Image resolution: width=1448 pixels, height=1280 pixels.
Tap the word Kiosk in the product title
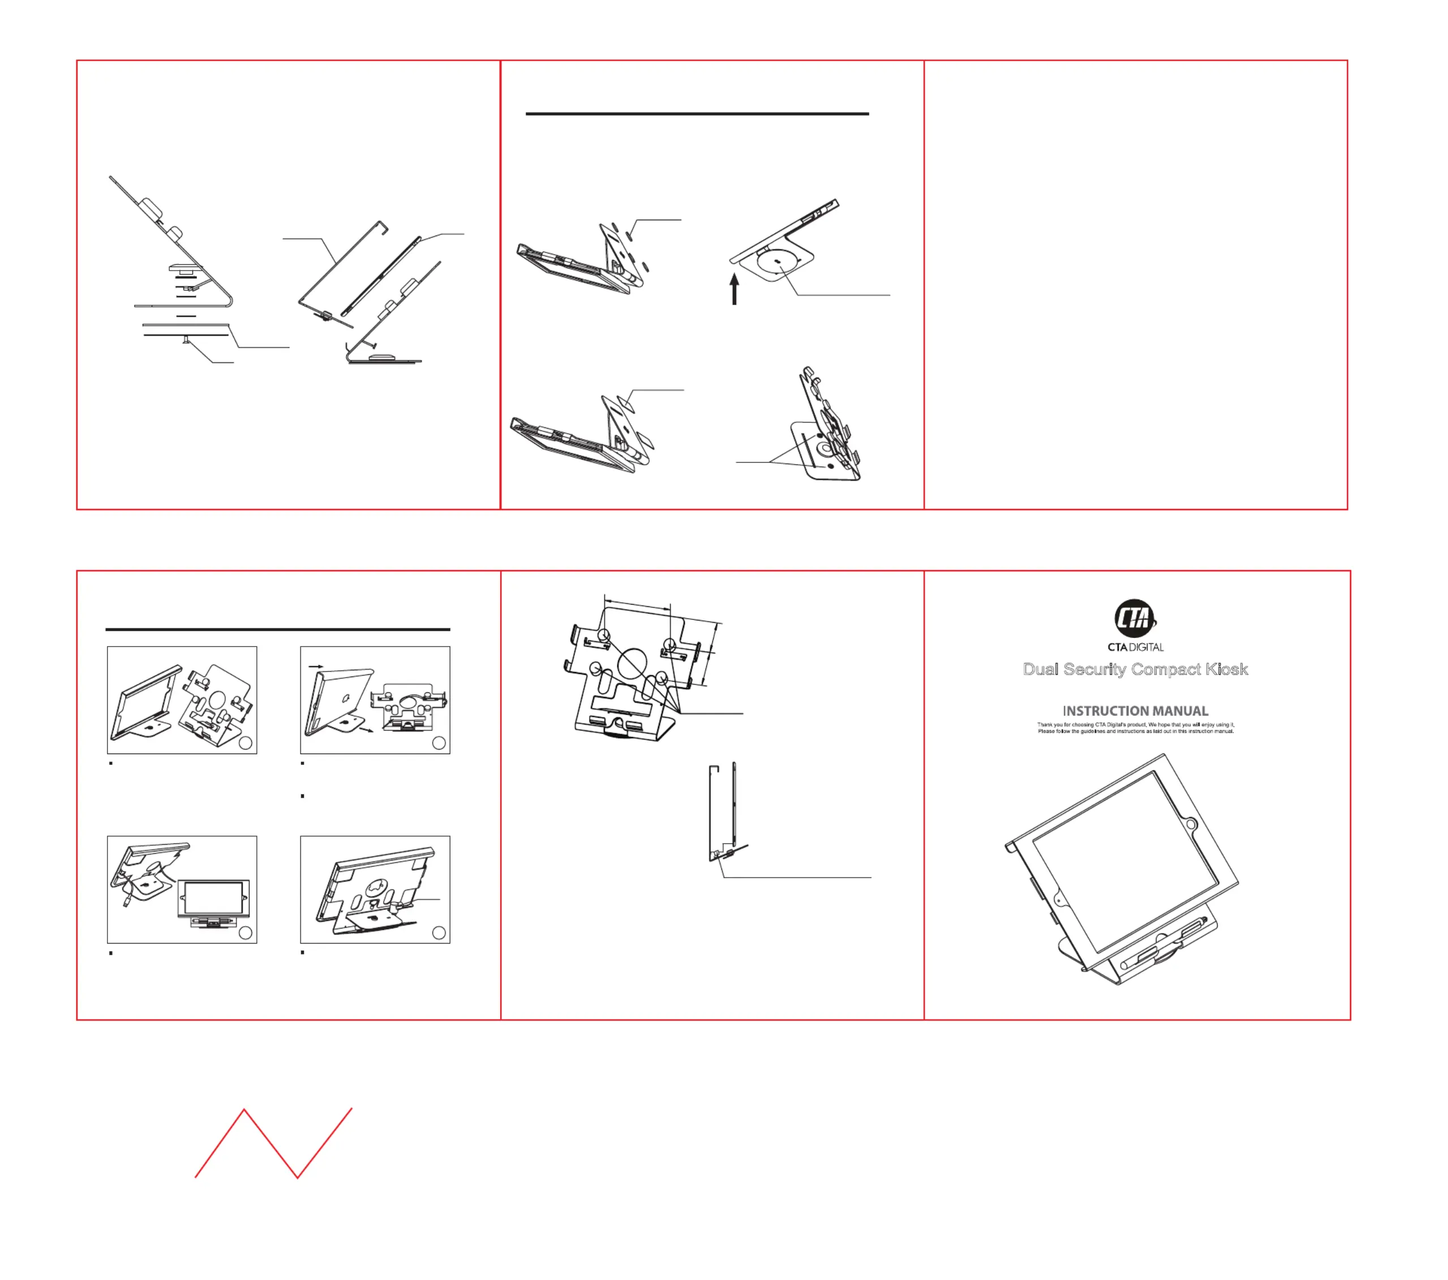click(1227, 669)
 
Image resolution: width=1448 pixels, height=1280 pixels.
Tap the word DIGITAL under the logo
click(1147, 647)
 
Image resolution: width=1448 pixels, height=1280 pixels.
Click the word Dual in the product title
click(1041, 669)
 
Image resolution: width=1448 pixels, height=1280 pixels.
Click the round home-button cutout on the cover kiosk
click(1192, 825)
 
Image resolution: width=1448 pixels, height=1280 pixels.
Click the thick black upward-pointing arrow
click(734, 289)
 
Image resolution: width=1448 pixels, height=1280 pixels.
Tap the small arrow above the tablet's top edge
click(316, 666)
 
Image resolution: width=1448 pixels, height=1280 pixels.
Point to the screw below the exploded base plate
click(186, 341)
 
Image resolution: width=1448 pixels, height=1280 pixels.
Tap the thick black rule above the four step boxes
click(278, 628)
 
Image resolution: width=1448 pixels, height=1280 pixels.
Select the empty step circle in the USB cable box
click(246, 933)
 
